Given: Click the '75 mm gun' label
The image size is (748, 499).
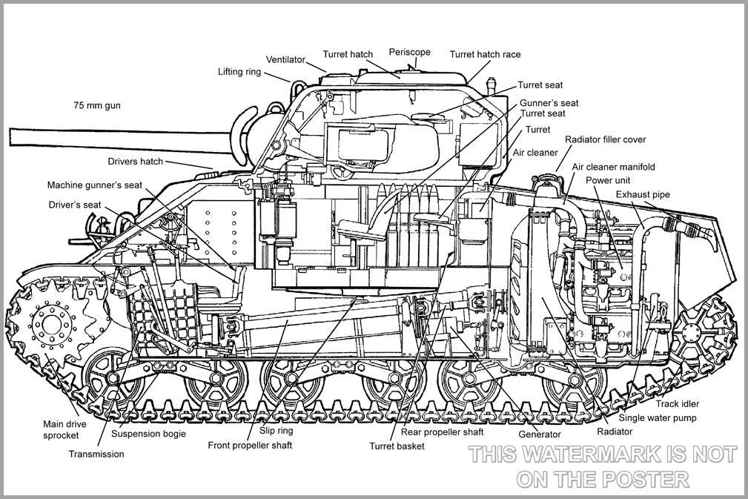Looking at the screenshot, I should click(96, 106).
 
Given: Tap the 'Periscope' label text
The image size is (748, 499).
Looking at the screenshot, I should click(409, 53).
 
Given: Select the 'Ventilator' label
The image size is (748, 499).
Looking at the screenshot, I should click(285, 59).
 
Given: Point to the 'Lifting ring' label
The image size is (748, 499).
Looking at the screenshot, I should click(239, 72).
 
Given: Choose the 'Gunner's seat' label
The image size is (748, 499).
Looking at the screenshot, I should click(549, 103).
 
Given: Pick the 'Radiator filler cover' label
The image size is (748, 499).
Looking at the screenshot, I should click(605, 139).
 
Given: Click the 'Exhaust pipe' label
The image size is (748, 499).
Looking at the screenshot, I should click(643, 194).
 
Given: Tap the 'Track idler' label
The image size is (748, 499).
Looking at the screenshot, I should click(677, 404).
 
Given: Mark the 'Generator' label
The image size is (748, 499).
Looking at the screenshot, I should click(539, 434).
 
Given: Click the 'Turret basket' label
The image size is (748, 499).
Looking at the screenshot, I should click(397, 446).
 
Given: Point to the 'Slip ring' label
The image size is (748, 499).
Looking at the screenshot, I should click(276, 430).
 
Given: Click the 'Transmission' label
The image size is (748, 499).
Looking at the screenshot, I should click(96, 454).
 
